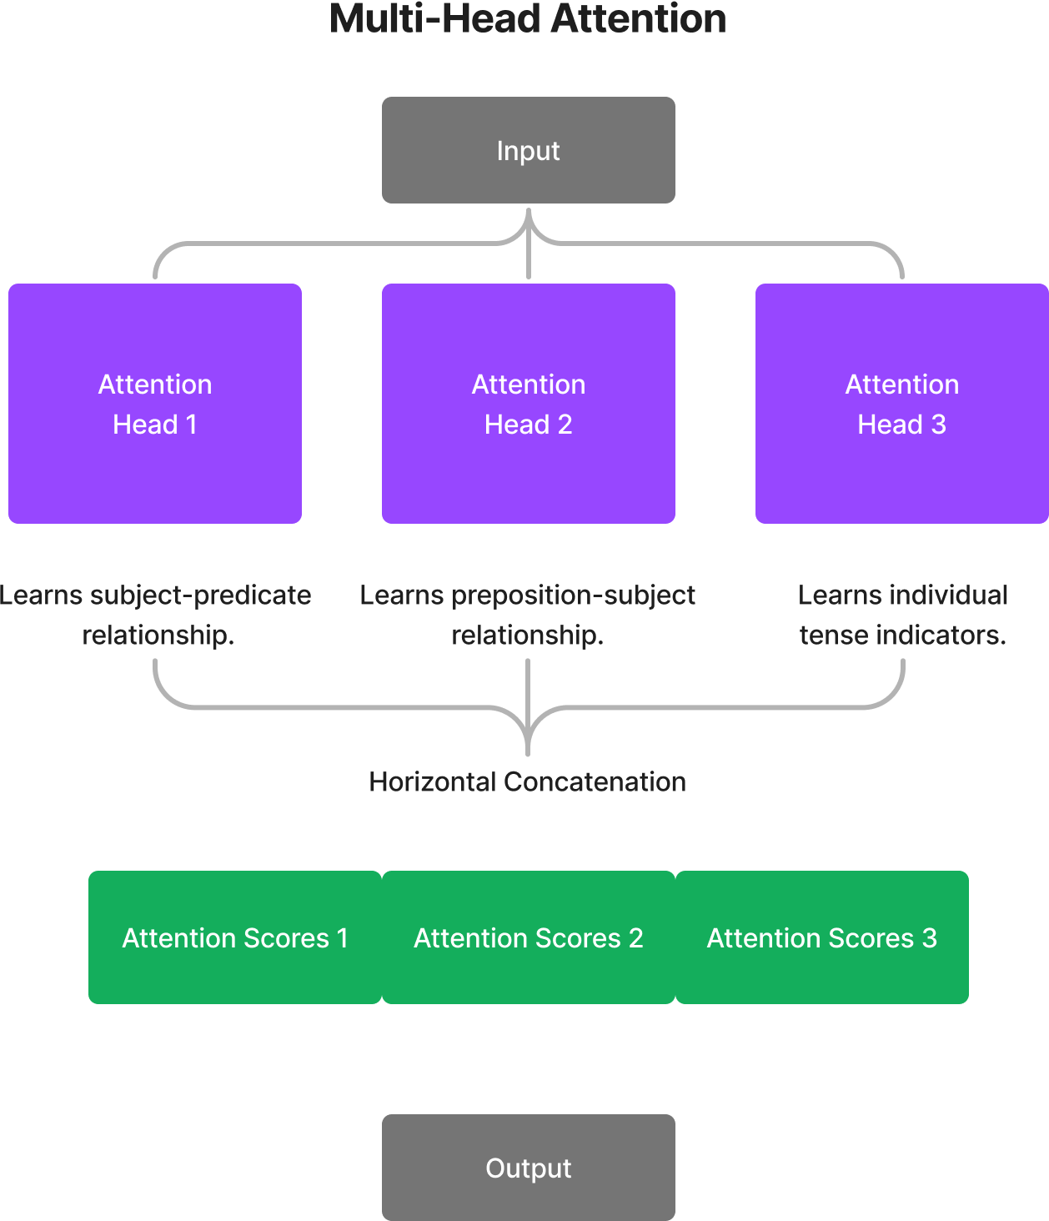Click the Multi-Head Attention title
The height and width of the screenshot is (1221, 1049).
pyautogui.click(x=527, y=18)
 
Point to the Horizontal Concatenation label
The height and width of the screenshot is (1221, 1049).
pyautogui.click(x=527, y=782)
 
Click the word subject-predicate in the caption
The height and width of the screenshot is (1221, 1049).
pyautogui.click(x=200, y=595)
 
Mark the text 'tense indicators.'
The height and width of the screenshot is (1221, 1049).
pyautogui.click(x=902, y=636)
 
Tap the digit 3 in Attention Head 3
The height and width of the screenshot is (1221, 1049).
pyautogui.click(x=939, y=425)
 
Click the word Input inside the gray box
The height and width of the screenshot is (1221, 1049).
pyautogui.click(x=528, y=151)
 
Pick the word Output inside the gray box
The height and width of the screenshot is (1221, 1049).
pyautogui.click(x=528, y=1168)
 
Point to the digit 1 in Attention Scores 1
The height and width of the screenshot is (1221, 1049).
pyautogui.click(x=342, y=938)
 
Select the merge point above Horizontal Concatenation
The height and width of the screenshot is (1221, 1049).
pyautogui.click(x=529, y=742)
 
